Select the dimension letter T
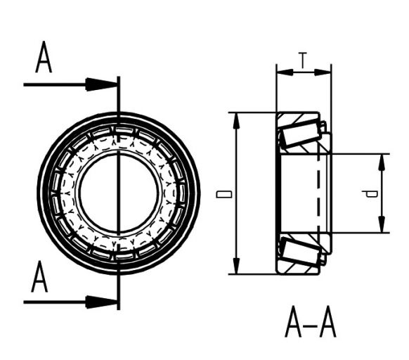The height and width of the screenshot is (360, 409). [302, 61]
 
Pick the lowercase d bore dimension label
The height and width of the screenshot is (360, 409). [373, 193]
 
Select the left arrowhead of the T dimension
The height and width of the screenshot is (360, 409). [283, 71]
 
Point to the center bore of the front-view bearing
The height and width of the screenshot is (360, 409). [117, 193]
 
